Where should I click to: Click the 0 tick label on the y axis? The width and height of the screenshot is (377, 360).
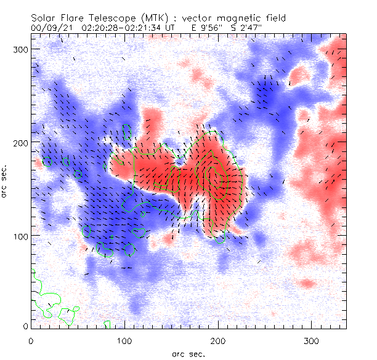[24, 326]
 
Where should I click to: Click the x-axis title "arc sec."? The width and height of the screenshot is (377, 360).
[188, 354]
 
